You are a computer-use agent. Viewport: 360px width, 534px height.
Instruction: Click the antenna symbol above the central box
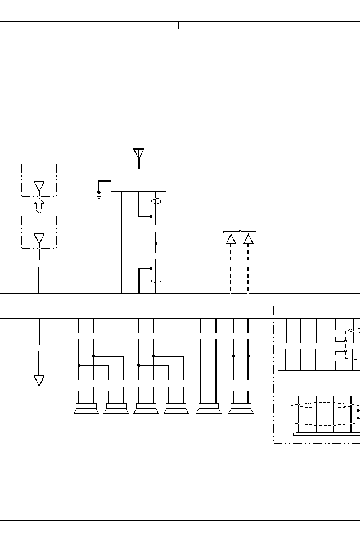138,153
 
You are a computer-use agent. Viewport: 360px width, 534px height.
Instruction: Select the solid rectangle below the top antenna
138,180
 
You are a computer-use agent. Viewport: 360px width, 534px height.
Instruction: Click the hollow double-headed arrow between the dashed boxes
39,206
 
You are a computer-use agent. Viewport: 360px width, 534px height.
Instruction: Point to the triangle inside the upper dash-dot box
39,187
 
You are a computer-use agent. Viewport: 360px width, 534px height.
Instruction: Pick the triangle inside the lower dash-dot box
39,239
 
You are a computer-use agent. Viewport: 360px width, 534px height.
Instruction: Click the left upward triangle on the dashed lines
231,239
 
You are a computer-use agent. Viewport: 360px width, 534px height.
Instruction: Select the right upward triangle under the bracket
248,239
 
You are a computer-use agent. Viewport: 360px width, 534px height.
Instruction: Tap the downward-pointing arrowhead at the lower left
39,381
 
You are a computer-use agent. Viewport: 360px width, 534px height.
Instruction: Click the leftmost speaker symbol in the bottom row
86,408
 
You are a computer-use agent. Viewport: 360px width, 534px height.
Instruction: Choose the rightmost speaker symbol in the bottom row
241,408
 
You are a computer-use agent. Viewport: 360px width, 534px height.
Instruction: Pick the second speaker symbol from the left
116,408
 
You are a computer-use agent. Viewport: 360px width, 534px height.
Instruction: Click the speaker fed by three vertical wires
208,408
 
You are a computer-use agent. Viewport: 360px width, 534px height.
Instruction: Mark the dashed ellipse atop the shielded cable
156,202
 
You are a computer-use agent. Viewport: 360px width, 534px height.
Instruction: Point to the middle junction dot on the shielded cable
156,243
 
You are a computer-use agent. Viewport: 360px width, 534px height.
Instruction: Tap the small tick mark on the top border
179,25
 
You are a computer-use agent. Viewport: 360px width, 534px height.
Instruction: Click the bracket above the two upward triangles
240,231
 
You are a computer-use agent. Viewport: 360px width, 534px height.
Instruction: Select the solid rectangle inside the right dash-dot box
318,383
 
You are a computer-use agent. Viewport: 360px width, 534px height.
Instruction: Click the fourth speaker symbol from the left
176,408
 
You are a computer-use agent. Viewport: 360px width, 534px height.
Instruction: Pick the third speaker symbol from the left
146,408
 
